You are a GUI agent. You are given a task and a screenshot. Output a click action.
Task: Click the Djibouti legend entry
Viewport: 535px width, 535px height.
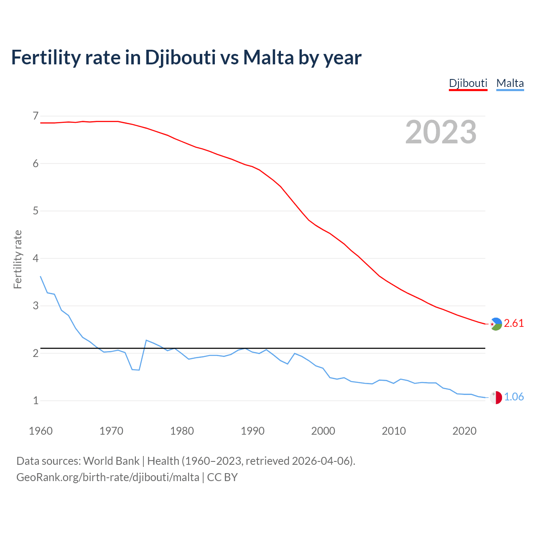pyautogui.click(x=468, y=83)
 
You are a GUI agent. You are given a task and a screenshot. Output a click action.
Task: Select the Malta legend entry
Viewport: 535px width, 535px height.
pyautogui.click(x=510, y=83)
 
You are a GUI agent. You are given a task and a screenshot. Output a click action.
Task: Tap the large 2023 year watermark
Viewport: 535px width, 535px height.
pyautogui.click(x=441, y=132)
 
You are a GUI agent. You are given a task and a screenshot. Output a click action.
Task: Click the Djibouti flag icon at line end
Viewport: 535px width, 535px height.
pyautogui.click(x=496, y=324)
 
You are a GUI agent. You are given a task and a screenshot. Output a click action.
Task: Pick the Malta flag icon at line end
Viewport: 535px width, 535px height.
pyautogui.click(x=496, y=397)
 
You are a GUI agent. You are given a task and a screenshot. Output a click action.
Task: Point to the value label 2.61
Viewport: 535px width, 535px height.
pyautogui.click(x=514, y=323)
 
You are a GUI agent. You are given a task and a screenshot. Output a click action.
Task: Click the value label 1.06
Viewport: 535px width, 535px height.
pyautogui.click(x=514, y=397)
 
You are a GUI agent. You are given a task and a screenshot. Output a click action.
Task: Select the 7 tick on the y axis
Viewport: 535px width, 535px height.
pyautogui.click(x=36, y=116)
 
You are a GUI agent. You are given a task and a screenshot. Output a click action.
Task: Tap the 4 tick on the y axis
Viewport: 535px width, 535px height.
pyautogui.click(x=36, y=258)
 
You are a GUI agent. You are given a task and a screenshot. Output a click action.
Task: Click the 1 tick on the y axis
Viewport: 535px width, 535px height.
pyautogui.click(x=36, y=400)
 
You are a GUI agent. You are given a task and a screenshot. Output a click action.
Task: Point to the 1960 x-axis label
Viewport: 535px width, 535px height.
pyautogui.click(x=41, y=431)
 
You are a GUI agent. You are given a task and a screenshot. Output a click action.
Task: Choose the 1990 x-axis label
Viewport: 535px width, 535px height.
pyautogui.click(x=252, y=431)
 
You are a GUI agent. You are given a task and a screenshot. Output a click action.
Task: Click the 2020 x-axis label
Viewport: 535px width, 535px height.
pyautogui.click(x=464, y=431)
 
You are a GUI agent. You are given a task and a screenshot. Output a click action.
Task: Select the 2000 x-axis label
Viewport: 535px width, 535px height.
pyautogui.click(x=323, y=431)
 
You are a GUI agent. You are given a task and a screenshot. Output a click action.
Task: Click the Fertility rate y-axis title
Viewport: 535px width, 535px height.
pyautogui.click(x=18, y=259)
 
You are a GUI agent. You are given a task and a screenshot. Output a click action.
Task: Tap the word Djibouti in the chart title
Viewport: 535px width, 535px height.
pyautogui.click(x=181, y=57)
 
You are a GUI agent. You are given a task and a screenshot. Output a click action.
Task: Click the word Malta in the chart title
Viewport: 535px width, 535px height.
pyautogui.click(x=268, y=57)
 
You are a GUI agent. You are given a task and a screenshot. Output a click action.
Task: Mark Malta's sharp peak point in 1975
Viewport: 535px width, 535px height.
pyautogui.click(x=146, y=340)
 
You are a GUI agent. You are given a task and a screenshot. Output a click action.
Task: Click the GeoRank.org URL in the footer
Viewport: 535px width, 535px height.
pyautogui.click(x=108, y=477)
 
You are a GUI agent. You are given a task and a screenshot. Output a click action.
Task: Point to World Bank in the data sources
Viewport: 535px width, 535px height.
pyautogui.click(x=111, y=461)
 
